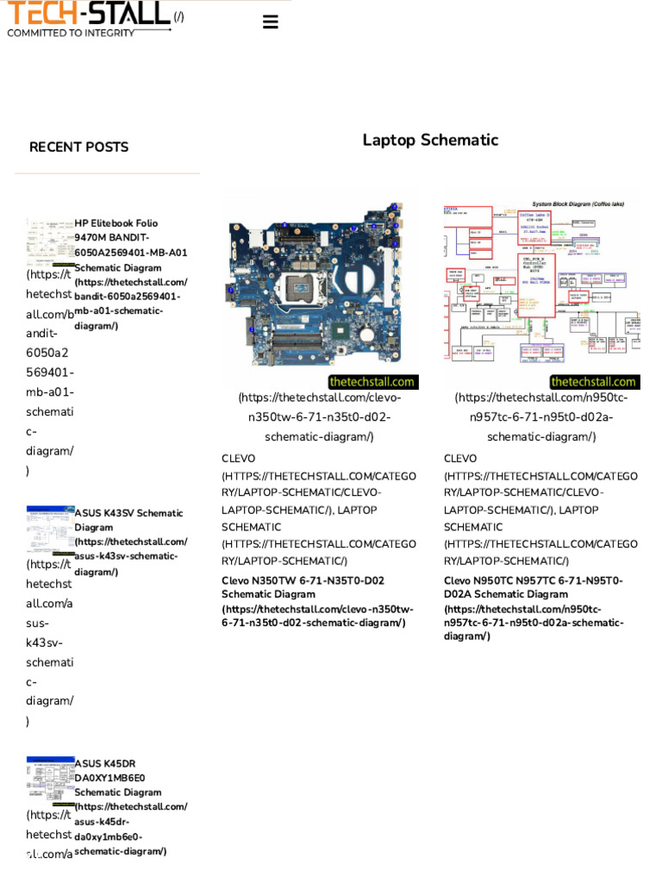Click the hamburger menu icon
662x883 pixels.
tap(270, 22)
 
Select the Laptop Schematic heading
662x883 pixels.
tap(430, 140)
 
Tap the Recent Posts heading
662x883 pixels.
tap(78, 147)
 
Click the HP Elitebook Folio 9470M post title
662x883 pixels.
tap(130, 245)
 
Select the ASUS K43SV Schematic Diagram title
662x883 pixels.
tap(128, 520)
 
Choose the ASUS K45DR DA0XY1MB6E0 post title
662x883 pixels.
tap(117, 777)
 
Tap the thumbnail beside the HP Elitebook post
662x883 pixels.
tap(50, 242)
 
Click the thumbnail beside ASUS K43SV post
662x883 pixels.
tap(50, 529)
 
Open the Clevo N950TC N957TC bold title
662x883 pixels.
tap(533, 587)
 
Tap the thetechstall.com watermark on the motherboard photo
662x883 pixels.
tap(372, 382)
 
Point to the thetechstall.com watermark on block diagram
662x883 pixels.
tap(593, 382)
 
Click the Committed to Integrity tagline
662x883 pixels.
tap(71, 33)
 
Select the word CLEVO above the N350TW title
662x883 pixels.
tap(239, 459)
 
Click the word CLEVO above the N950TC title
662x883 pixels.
tap(460, 459)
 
